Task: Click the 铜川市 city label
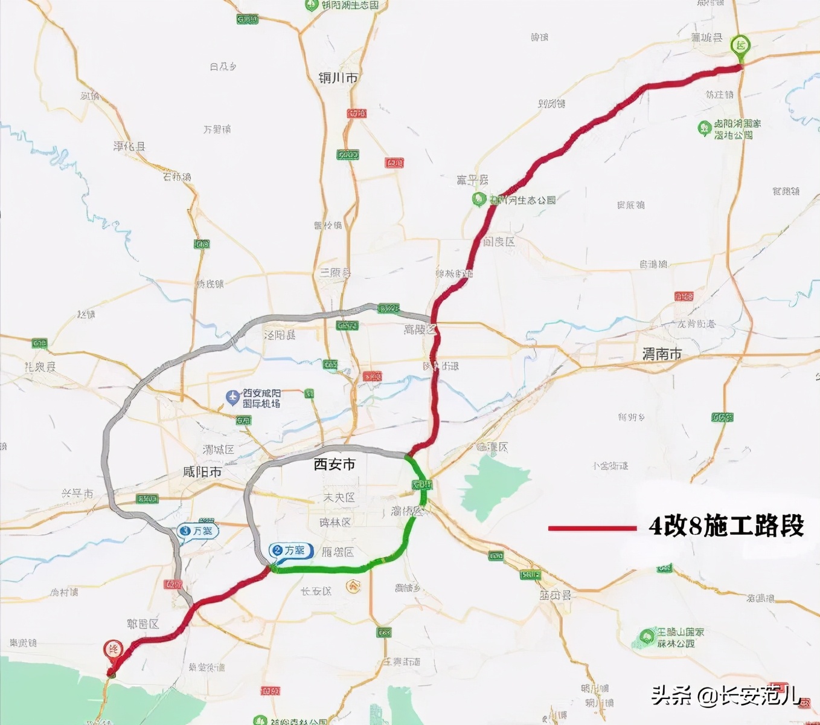tap(338, 78)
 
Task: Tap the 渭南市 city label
tap(662, 354)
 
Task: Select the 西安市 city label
tap(335, 464)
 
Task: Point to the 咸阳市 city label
tap(202, 472)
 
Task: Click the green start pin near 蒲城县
tap(740, 46)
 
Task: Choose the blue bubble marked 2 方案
tap(290, 550)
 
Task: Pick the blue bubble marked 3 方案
tap(198, 531)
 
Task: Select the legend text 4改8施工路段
tap(726, 526)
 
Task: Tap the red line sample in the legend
tap(592, 528)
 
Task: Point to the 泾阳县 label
tap(280, 335)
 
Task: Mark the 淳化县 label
tap(129, 146)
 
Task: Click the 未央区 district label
tap(339, 497)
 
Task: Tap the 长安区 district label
tap(316, 591)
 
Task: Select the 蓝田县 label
tap(555, 595)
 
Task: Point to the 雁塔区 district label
tap(338, 552)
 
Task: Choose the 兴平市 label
tap(77, 494)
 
